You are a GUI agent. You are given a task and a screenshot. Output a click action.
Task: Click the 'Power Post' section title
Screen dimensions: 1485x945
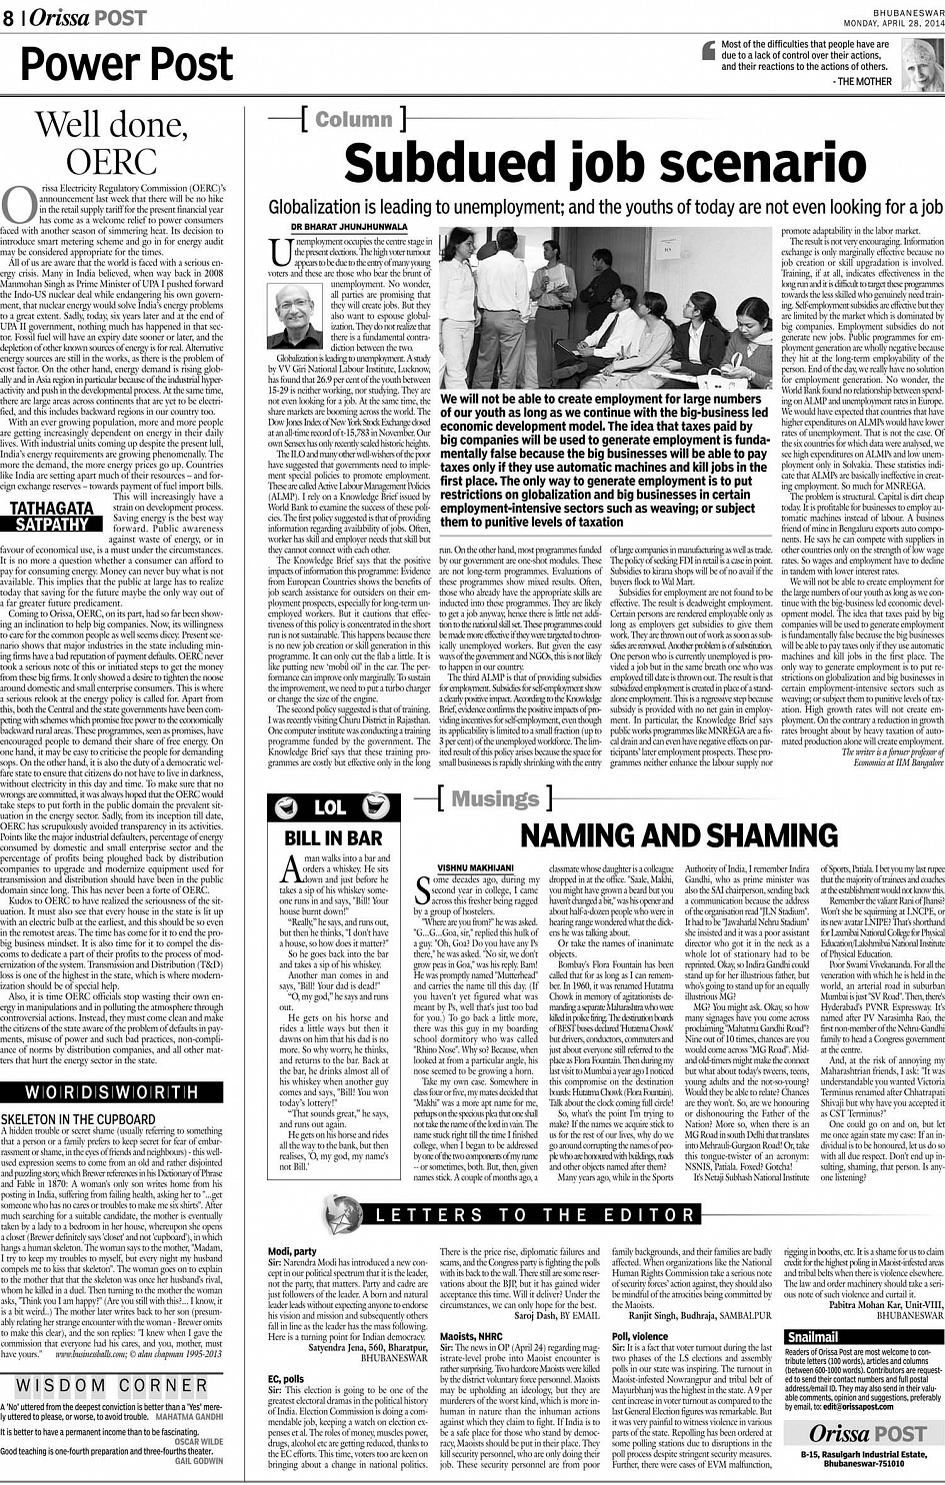click(127, 65)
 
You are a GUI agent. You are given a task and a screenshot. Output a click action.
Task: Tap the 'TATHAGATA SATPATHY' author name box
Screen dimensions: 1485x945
click(52, 516)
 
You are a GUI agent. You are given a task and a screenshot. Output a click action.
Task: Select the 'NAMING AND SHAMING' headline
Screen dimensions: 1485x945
click(679, 835)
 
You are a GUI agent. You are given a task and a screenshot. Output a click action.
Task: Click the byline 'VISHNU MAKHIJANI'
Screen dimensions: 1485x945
click(476, 867)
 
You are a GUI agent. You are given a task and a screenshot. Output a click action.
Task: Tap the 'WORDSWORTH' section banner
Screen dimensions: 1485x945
click(111, 1092)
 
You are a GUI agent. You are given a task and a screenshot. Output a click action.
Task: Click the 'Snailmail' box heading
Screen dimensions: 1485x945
click(813, 1337)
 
